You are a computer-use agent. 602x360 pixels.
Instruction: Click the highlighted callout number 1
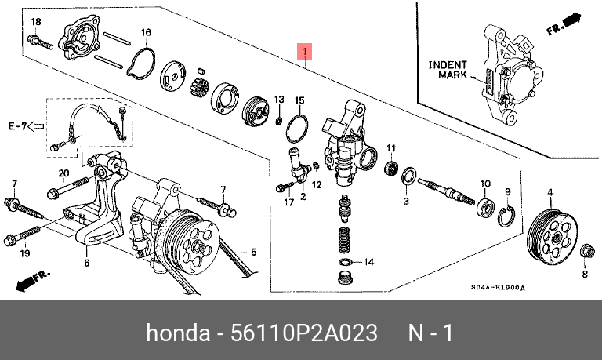pos(305,53)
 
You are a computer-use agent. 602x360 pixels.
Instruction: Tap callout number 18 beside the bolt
pos(34,20)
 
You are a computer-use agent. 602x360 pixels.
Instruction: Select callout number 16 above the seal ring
pos(146,32)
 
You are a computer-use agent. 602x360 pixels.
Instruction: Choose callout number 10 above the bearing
pos(485,184)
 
